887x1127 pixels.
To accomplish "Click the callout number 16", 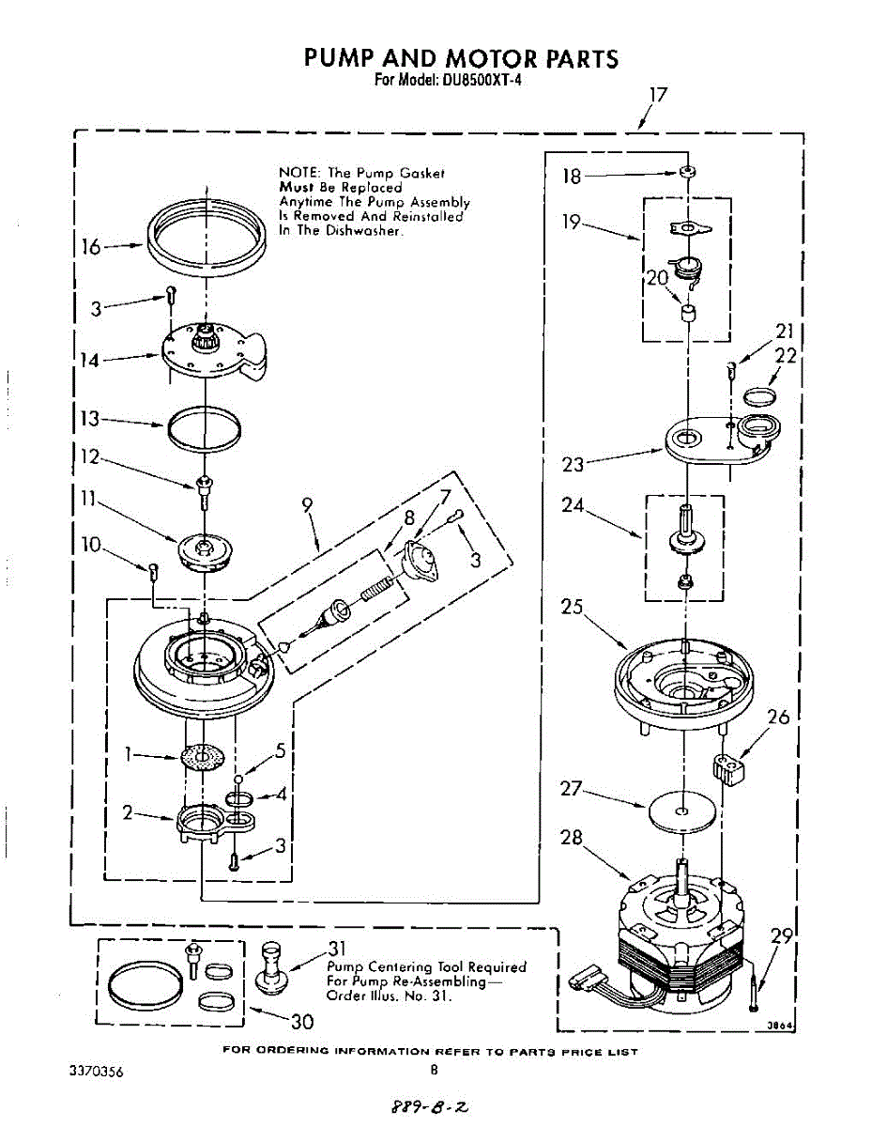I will pyautogui.click(x=90, y=247).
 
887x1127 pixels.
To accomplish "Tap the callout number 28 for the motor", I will pyautogui.click(x=572, y=836).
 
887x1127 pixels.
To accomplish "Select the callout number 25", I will pyautogui.click(x=572, y=607).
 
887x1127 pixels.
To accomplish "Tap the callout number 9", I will pyautogui.click(x=307, y=504).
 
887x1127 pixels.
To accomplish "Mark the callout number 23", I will pyautogui.click(x=573, y=464).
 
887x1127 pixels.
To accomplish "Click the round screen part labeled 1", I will pyautogui.click(x=205, y=756).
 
